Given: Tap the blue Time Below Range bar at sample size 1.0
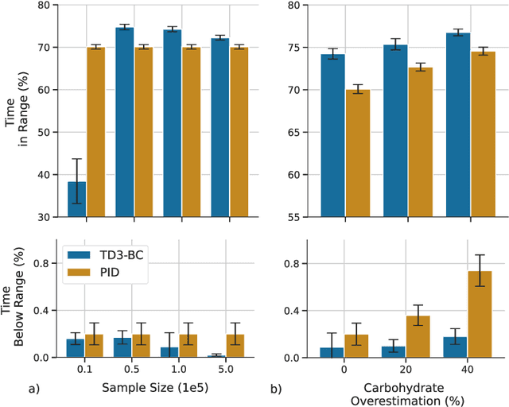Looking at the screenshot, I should click(172, 352).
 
